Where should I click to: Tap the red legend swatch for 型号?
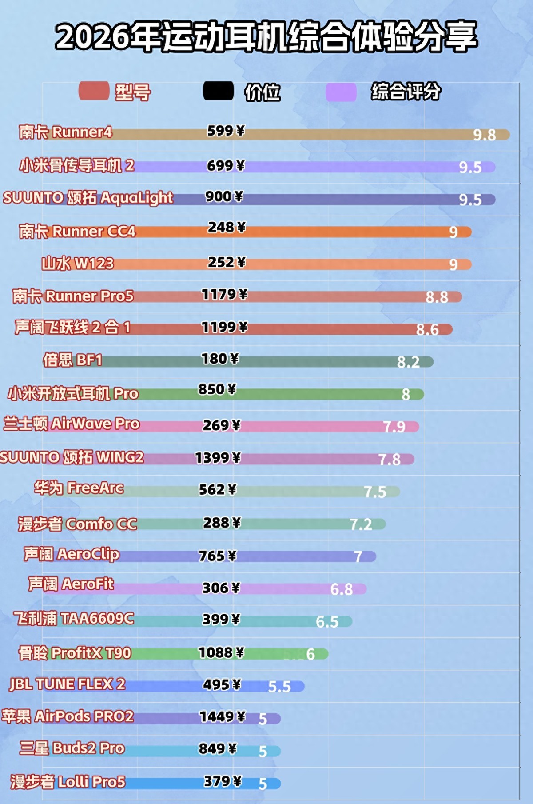(94, 92)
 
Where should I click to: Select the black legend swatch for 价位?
(218, 91)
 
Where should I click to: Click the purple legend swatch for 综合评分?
(341, 92)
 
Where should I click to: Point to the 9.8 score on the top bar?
(484, 135)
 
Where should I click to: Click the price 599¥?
(226, 131)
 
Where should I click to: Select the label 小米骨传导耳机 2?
(76, 165)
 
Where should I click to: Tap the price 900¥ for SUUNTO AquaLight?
(224, 196)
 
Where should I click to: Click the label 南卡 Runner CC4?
(77, 231)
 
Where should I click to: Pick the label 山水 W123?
(78, 264)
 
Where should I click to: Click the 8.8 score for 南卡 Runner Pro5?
(437, 297)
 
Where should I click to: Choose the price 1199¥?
(224, 328)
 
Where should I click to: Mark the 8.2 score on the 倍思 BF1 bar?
(408, 362)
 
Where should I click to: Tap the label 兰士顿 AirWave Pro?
(72, 424)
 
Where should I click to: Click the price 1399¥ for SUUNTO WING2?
(218, 458)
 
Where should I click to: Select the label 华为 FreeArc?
(79, 488)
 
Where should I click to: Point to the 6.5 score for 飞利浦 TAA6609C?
(327, 621)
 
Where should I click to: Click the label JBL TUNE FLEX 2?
(68, 684)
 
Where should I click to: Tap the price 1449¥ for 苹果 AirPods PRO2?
(222, 716)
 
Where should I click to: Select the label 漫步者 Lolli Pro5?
(68, 782)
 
